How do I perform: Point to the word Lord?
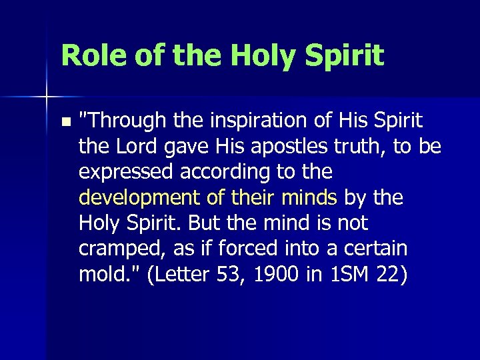(x=143, y=147)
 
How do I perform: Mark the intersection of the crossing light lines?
(x=47, y=97)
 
